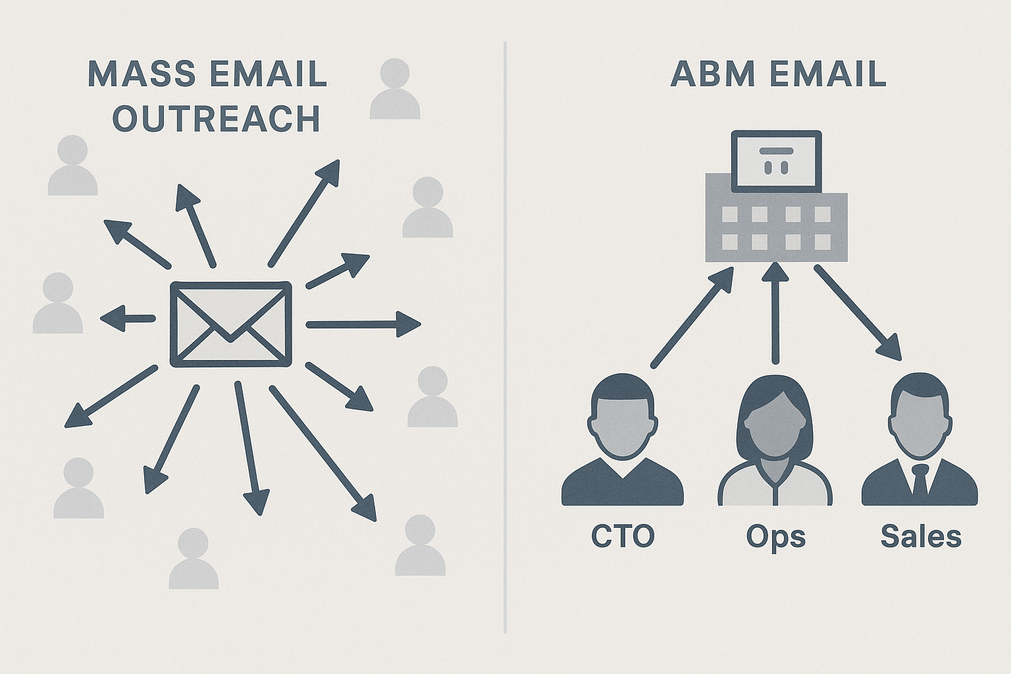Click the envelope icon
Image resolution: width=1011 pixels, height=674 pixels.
(230, 324)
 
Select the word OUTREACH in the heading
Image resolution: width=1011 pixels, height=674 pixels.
(217, 119)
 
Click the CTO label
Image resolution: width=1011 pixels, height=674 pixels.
(623, 536)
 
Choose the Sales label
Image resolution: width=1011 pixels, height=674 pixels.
(921, 536)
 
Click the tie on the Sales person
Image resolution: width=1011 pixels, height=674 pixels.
(920, 480)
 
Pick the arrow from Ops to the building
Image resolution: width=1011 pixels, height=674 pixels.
(775, 313)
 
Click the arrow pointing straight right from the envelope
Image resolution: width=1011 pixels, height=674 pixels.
(362, 324)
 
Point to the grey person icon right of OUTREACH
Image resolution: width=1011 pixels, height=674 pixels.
(395, 89)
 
